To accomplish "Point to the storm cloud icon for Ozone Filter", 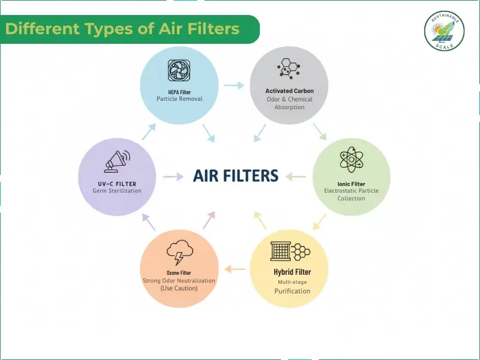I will coord(178,253).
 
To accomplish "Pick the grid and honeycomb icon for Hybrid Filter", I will coord(289,251).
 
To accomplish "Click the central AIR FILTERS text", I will coord(236,176).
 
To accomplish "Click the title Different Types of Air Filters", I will coord(122,29).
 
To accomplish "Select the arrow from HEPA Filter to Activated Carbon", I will coord(234,85).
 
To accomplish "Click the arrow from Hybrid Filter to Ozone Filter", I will coord(235,269).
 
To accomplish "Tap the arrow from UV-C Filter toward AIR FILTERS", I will coord(173,176).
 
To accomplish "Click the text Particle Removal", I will coord(179,99).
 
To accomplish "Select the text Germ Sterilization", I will coord(117,191).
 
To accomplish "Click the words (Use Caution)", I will coord(179,289).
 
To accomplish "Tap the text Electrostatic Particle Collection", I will coord(351,194).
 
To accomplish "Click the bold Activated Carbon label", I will coord(289,91).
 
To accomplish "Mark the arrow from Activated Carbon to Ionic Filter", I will coord(320,131).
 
